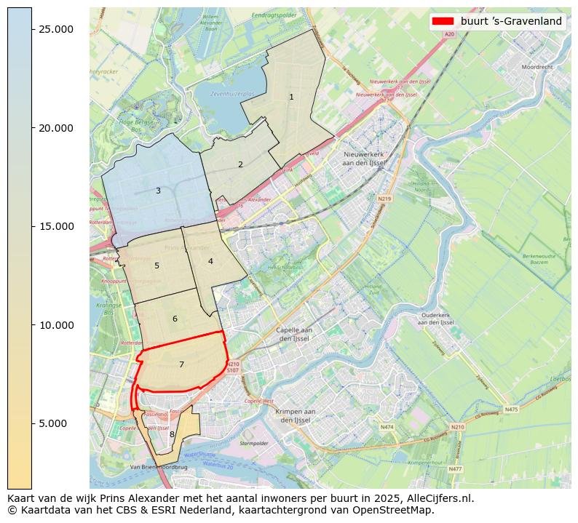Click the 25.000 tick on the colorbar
tap(56, 29)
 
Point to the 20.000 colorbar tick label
tap(56, 128)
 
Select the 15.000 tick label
tap(56, 226)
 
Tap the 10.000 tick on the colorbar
tap(56, 325)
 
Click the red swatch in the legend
tap(443, 21)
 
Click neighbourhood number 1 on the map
tap(291, 97)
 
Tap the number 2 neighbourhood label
tap(240, 164)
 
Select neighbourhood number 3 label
tap(158, 191)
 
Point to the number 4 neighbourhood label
tap(210, 261)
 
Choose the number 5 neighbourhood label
tap(157, 266)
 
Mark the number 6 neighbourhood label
tap(175, 319)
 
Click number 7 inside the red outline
tap(181, 364)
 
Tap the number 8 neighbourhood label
tap(172, 435)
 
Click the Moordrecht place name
tap(537, 67)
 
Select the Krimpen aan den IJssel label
tap(296, 415)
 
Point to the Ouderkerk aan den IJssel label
tap(437, 319)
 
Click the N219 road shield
tap(384, 199)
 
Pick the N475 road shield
tap(511, 410)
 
